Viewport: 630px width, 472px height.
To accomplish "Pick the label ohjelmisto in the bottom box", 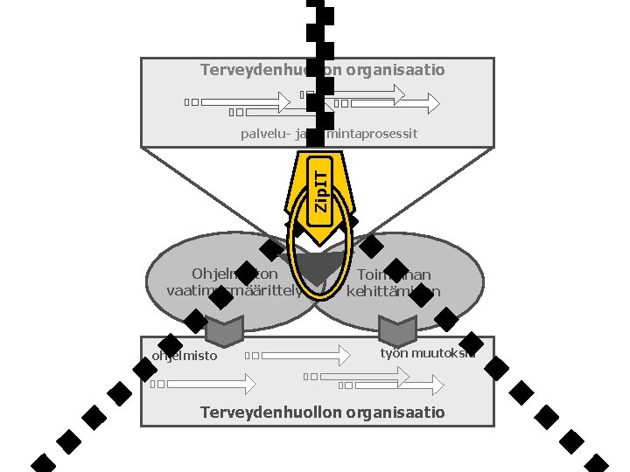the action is [x=185, y=356].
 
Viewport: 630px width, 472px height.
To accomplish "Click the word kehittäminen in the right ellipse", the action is [x=394, y=291].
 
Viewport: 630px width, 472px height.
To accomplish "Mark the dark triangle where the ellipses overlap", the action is [x=316, y=267].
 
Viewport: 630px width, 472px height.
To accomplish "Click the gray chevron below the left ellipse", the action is [x=224, y=330].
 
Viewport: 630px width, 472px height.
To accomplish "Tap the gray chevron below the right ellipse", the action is [x=397, y=330].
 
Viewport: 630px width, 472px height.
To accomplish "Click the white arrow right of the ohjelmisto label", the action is [x=305, y=355].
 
